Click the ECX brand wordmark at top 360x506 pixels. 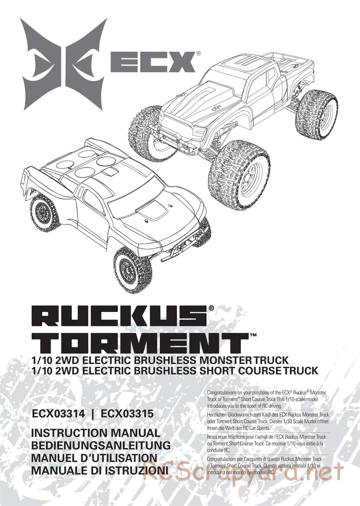(x=153, y=62)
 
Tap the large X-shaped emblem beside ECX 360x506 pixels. (x=64, y=64)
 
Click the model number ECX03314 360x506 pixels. (x=59, y=414)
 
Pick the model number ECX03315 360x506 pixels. (x=127, y=414)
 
